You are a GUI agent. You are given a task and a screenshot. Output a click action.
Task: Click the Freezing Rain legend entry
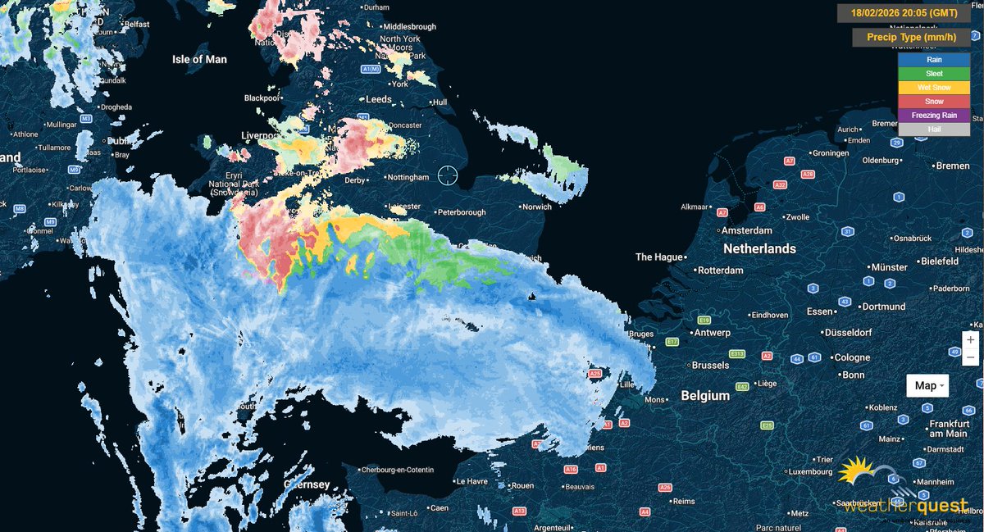point(933,115)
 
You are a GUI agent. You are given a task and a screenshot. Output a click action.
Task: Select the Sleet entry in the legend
point(933,74)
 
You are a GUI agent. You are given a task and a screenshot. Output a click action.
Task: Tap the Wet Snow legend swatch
point(933,88)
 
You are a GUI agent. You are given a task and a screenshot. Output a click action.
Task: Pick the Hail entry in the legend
point(933,129)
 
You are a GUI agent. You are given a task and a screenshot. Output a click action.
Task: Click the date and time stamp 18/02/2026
point(904,13)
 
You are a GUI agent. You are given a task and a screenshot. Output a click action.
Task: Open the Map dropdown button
point(927,385)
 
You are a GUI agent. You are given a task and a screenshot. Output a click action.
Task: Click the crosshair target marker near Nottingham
point(448,175)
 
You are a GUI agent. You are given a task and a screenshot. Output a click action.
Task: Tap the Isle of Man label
point(199,59)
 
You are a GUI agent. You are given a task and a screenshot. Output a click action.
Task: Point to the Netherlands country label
point(758,248)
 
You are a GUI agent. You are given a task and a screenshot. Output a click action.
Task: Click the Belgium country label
point(705,396)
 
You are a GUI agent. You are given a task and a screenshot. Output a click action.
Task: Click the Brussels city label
point(710,365)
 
